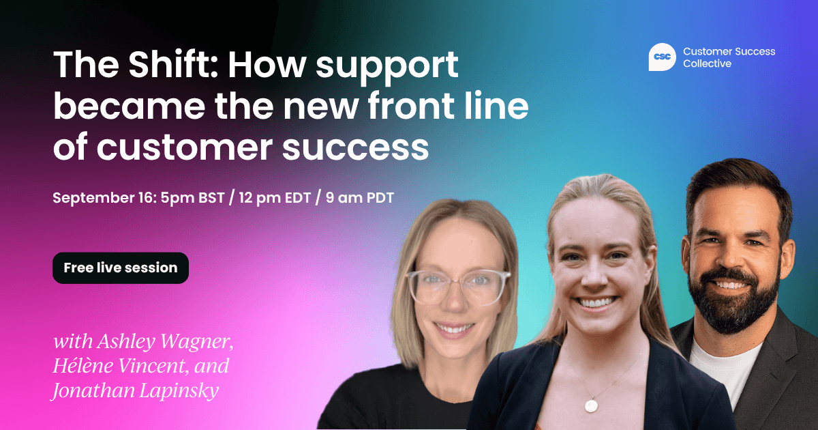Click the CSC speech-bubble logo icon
tap(662, 57)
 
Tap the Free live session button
tap(121, 268)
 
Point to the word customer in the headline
tap(185, 147)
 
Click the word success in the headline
tap(356, 148)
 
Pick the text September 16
tap(104, 198)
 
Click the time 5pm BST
tap(192, 198)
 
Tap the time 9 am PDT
tap(360, 198)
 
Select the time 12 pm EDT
tap(275, 198)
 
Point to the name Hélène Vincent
tap(121, 366)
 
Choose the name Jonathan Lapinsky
tap(136, 390)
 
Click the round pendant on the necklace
tap(591, 405)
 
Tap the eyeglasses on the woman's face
tap(458, 286)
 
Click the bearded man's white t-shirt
tap(725, 369)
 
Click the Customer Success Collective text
tap(729, 57)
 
